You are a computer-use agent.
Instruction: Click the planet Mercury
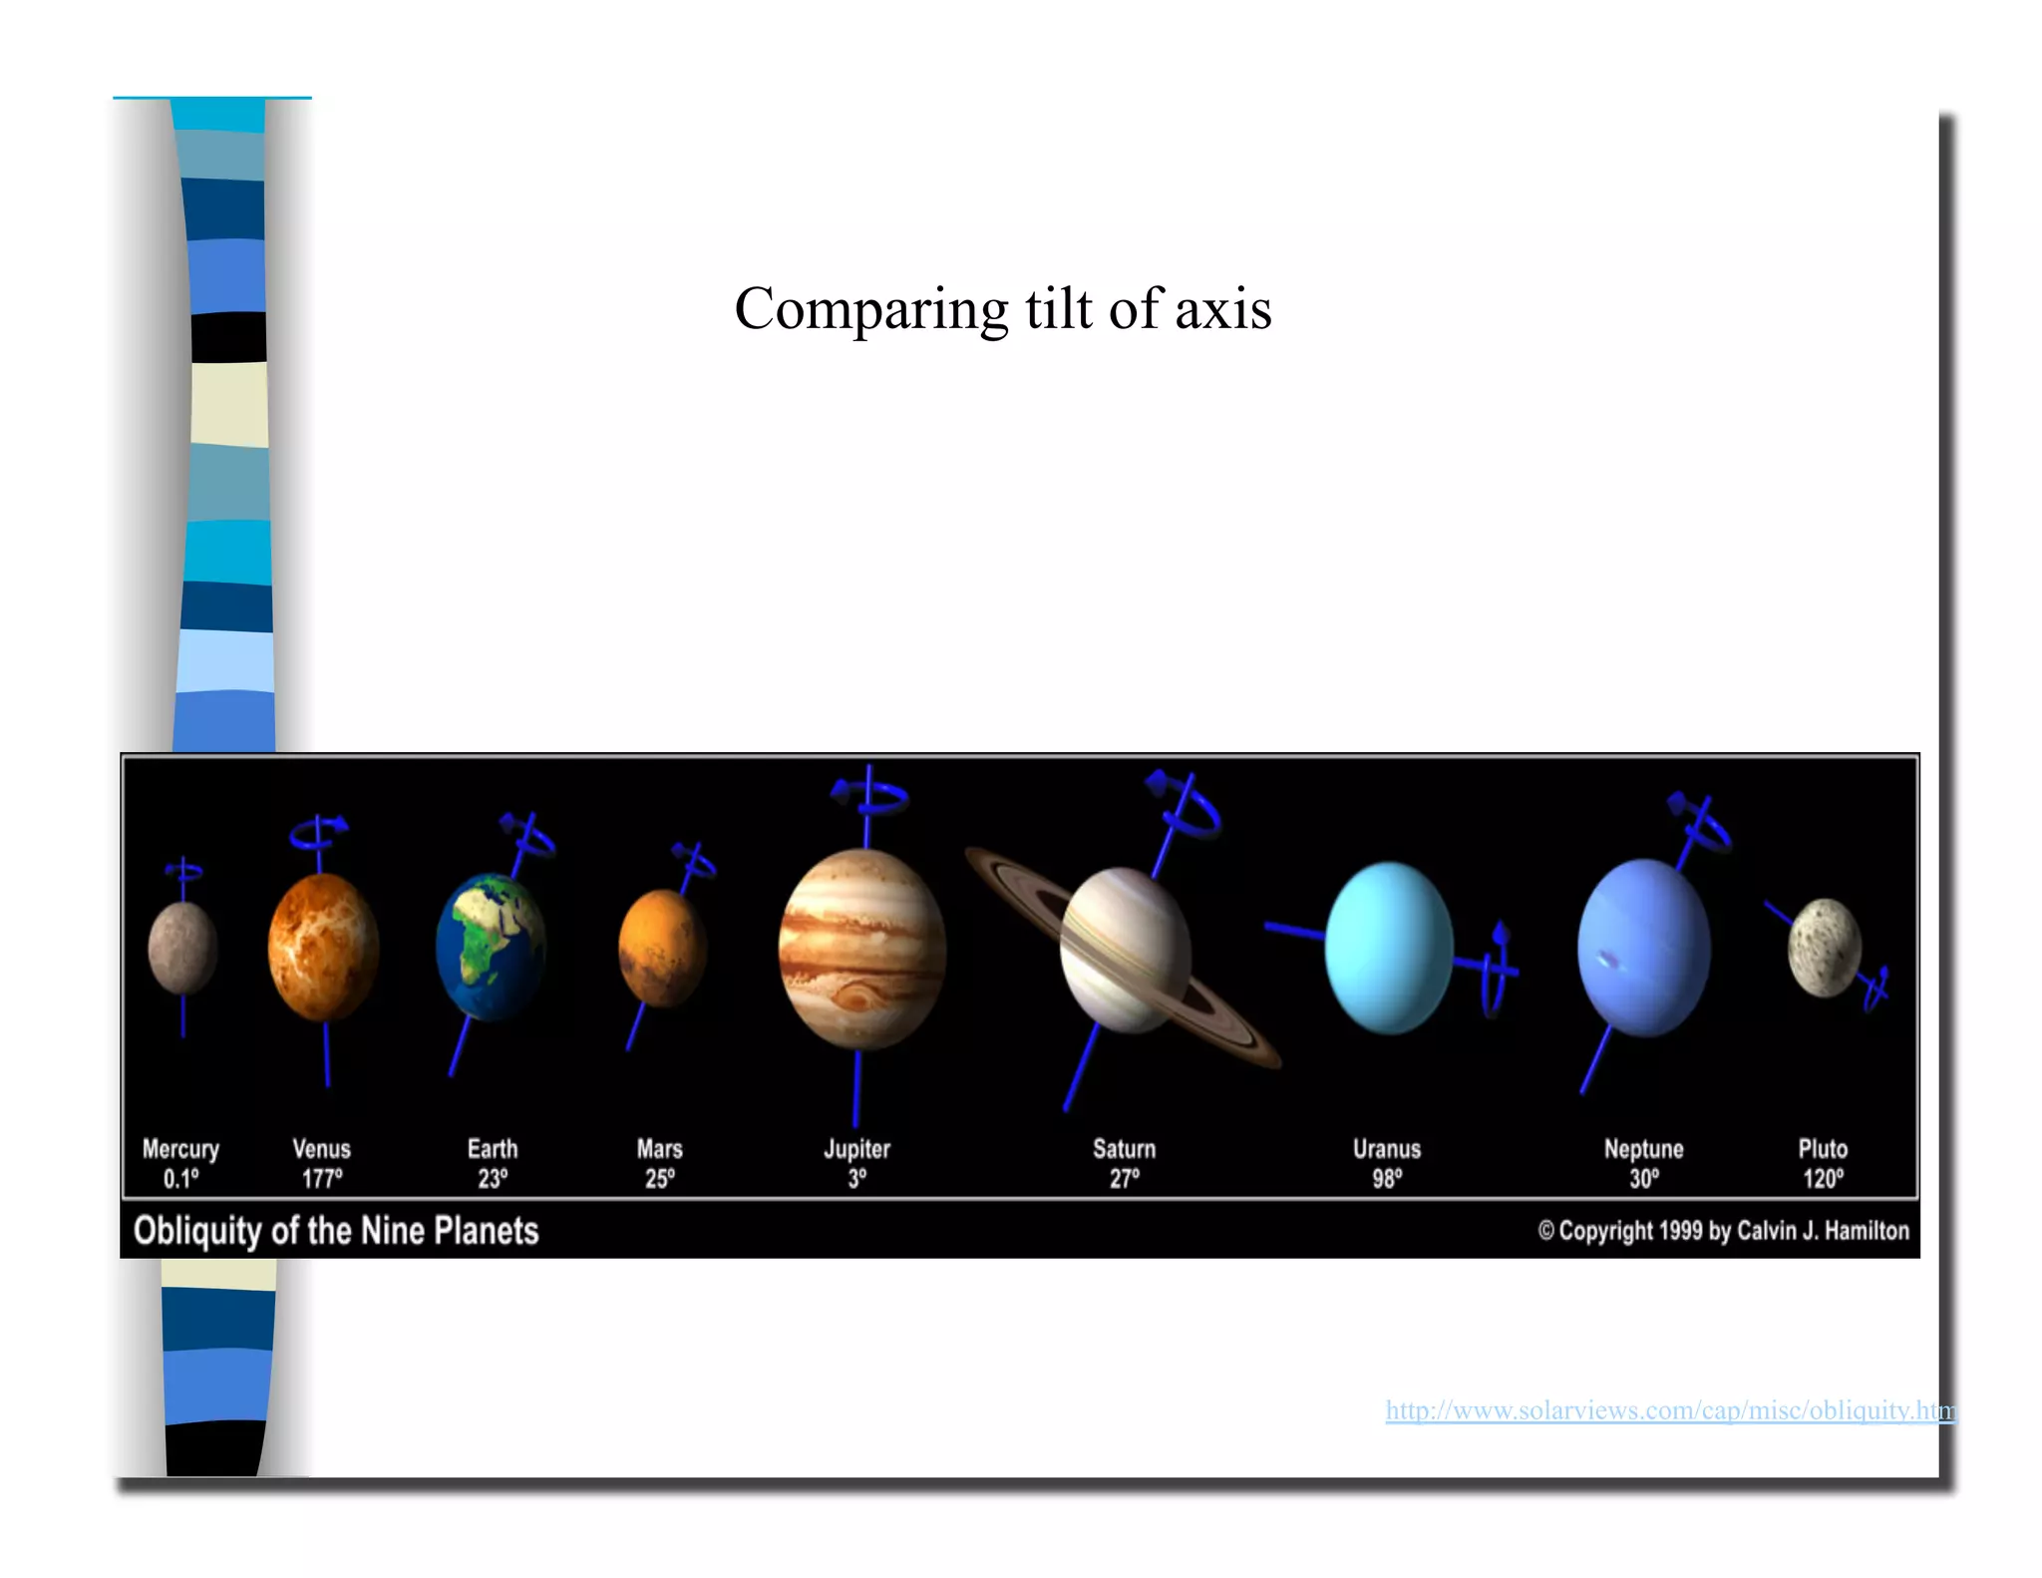(x=182, y=948)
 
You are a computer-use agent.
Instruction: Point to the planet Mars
(x=662, y=949)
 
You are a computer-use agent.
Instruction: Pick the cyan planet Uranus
(x=1389, y=948)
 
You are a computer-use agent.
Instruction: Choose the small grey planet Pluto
(x=1824, y=948)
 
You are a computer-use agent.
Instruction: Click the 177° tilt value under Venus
(x=322, y=1179)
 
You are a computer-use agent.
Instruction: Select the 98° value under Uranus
(x=1387, y=1179)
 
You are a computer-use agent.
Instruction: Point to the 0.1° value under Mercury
(x=180, y=1179)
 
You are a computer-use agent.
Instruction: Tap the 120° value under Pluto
(x=1823, y=1179)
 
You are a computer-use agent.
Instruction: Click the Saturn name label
(x=1124, y=1149)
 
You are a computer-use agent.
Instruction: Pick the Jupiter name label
(x=856, y=1149)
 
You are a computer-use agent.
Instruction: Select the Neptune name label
(x=1643, y=1149)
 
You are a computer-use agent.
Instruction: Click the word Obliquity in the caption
(x=197, y=1232)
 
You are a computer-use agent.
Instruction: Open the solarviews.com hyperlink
(x=1669, y=1410)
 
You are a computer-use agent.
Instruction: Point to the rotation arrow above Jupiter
(x=869, y=796)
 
